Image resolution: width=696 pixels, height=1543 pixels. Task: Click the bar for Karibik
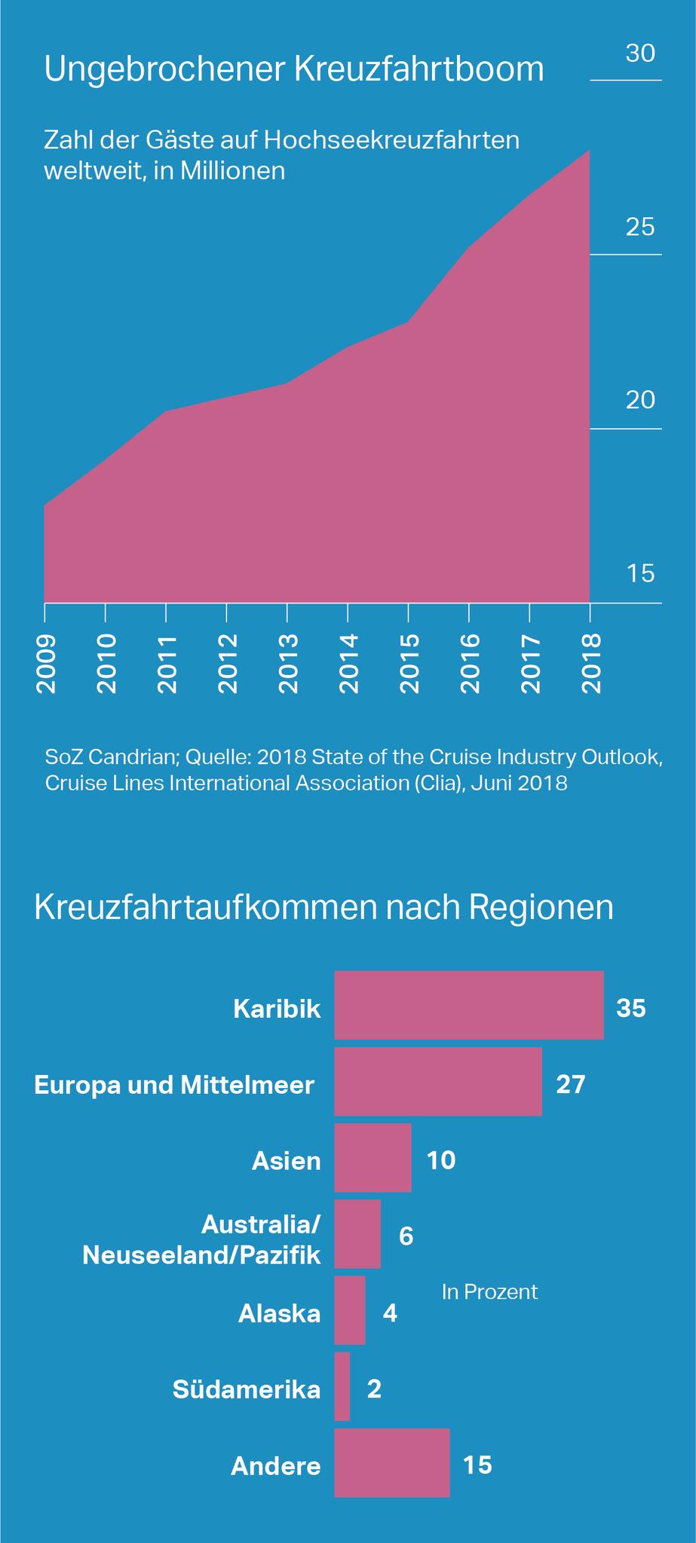[468, 1005]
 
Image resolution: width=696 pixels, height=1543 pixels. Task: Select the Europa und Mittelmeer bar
[437, 1081]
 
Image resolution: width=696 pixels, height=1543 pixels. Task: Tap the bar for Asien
[373, 1157]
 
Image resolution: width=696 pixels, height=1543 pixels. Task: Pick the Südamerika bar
[342, 1386]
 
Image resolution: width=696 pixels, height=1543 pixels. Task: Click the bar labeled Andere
[391, 1462]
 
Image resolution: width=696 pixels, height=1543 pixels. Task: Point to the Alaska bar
[350, 1310]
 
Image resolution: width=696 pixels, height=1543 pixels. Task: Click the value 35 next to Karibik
[631, 1008]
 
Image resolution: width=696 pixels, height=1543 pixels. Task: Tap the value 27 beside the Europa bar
[571, 1084]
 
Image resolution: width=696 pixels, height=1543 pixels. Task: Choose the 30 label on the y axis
[640, 53]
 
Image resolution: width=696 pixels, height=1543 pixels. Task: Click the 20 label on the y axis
[640, 400]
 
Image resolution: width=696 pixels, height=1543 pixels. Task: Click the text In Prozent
[489, 1291]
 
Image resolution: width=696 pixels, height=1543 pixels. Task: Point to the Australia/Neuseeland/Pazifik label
[201, 1239]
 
